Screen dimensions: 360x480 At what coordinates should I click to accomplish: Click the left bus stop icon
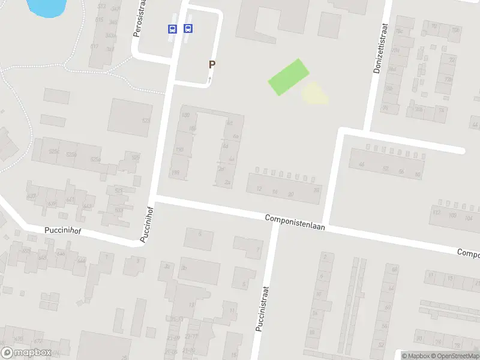click(172, 28)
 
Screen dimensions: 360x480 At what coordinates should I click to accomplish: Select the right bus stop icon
click(188, 28)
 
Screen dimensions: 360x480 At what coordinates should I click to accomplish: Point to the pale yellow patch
click(314, 94)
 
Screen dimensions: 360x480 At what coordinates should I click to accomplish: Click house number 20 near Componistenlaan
click(291, 193)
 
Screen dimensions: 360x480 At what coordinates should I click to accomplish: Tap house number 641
click(71, 199)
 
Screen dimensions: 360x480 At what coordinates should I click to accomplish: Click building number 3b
click(184, 268)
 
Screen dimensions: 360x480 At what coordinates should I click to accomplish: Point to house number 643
click(88, 206)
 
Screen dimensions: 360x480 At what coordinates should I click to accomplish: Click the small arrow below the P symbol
click(210, 79)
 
